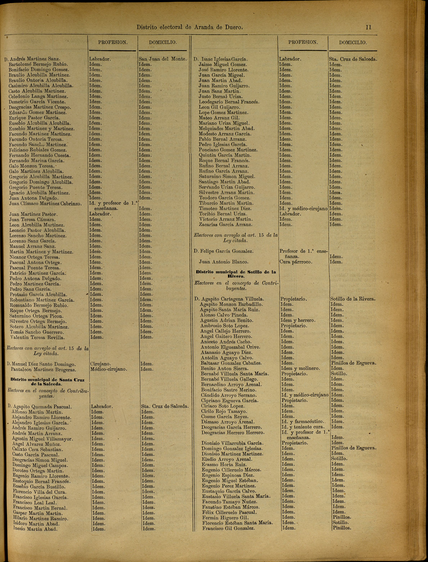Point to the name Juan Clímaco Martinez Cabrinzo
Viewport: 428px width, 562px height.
[x=45, y=204]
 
